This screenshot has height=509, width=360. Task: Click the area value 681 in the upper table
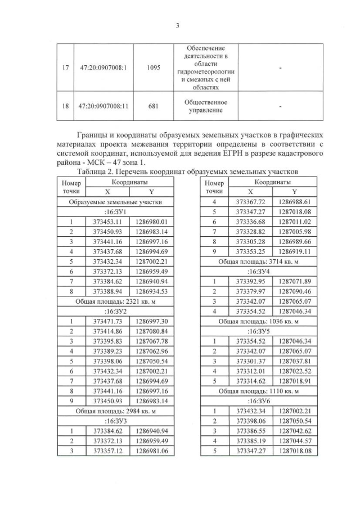pos(153,106)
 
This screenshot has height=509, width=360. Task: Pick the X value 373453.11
pos(107,222)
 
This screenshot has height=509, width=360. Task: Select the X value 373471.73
pos(107,322)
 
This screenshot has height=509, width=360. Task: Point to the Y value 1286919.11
pos(295,251)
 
